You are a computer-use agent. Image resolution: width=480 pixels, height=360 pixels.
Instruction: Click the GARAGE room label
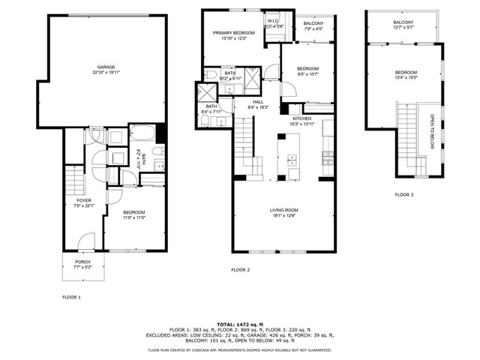pos(105,67)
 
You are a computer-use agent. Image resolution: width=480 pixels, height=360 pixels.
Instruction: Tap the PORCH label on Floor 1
pos(82,262)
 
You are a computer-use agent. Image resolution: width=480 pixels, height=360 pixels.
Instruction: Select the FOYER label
pos(84,201)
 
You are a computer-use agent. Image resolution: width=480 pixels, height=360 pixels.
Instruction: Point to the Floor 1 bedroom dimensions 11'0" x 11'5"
pos(135,218)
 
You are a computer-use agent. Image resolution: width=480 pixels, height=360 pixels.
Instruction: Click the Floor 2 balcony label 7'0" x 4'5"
pos(313,28)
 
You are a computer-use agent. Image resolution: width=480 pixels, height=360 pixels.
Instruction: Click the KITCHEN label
pos(302,119)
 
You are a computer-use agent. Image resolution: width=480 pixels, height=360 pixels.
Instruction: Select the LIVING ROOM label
pos(284,210)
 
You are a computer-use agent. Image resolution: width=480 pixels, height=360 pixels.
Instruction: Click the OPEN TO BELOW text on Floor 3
pos(431,131)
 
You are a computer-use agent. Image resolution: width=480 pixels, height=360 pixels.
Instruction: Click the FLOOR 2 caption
pos(240,269)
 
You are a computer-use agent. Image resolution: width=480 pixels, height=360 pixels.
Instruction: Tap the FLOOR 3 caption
pos(405,195)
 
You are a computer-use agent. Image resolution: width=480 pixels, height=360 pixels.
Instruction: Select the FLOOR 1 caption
pos(71,297)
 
